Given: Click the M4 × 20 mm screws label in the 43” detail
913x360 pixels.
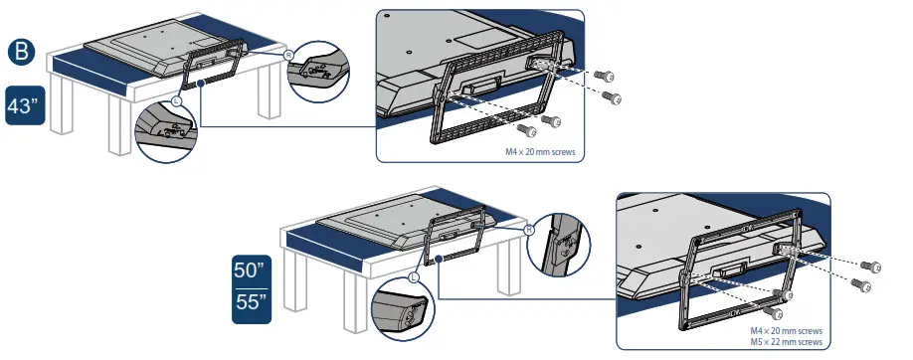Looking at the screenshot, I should (542, 152).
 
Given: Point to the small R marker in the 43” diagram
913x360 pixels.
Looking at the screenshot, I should (288, 56).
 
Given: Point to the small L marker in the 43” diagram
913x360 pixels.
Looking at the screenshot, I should (177, 101).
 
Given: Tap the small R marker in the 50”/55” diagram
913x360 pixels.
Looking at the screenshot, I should (529, 228).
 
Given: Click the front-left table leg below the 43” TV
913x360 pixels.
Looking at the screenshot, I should (119, 128).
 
